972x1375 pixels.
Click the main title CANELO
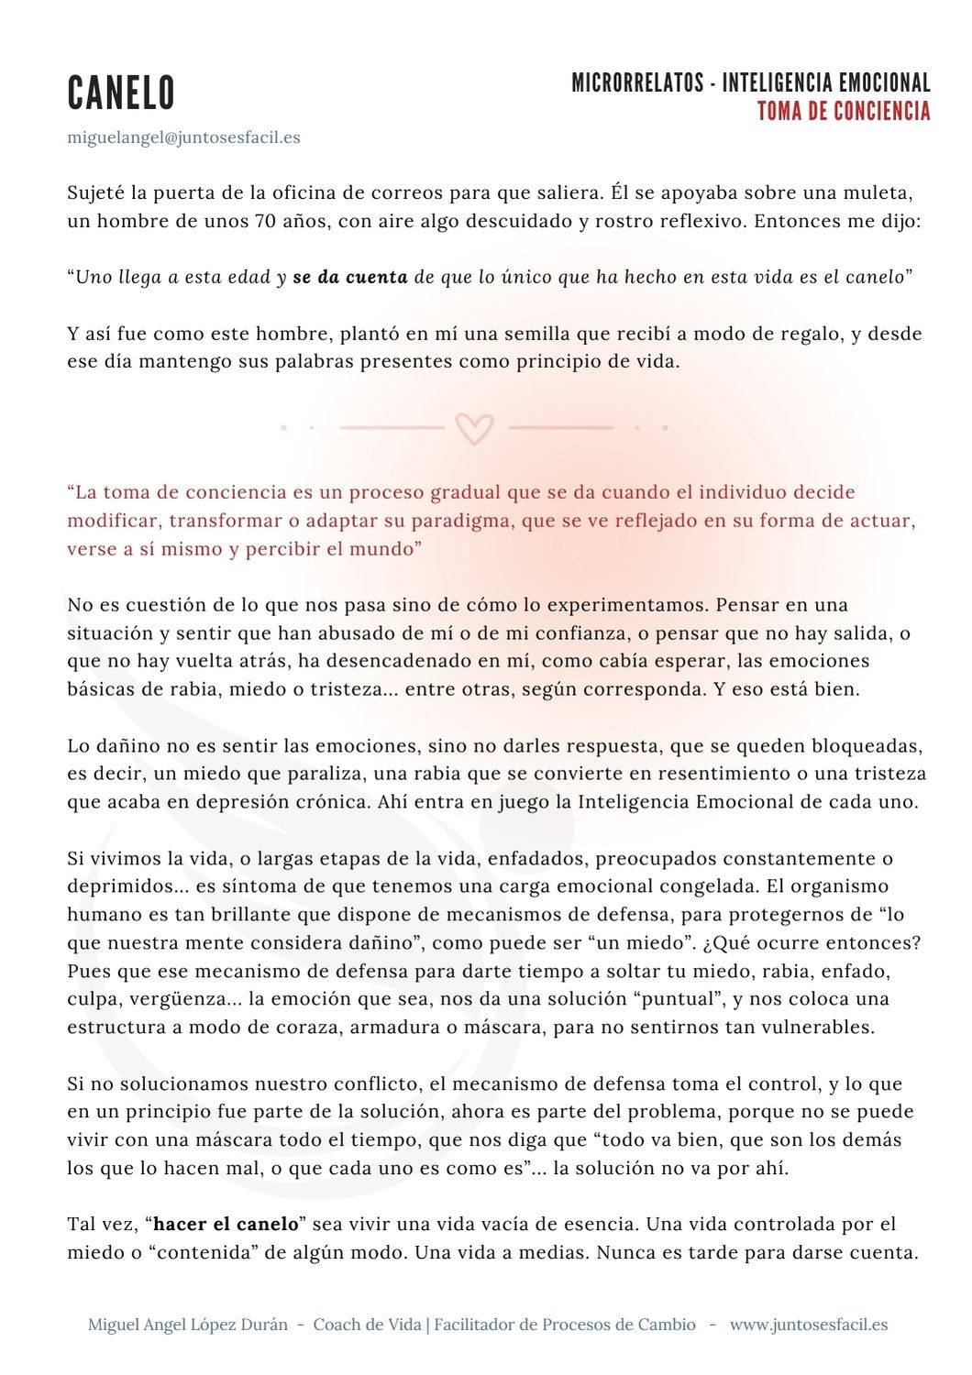[x=121, y=93]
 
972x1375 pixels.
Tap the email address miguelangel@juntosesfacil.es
[x=183, y=137]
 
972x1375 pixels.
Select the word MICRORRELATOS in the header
[x=636, y=83]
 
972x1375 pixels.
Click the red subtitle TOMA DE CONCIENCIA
[x=844, y=112]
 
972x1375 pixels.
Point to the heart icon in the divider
[x=474, y=428]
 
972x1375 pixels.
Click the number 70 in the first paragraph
[x=265, y=221]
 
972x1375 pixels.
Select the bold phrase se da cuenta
[x=350, y=277]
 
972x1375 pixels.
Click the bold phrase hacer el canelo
[x=226, y=1225]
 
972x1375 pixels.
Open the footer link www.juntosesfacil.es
[x=808, y=1325]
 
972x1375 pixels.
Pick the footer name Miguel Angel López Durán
[x=187, y=1325]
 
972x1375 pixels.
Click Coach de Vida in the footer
[x=367, y=1325]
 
